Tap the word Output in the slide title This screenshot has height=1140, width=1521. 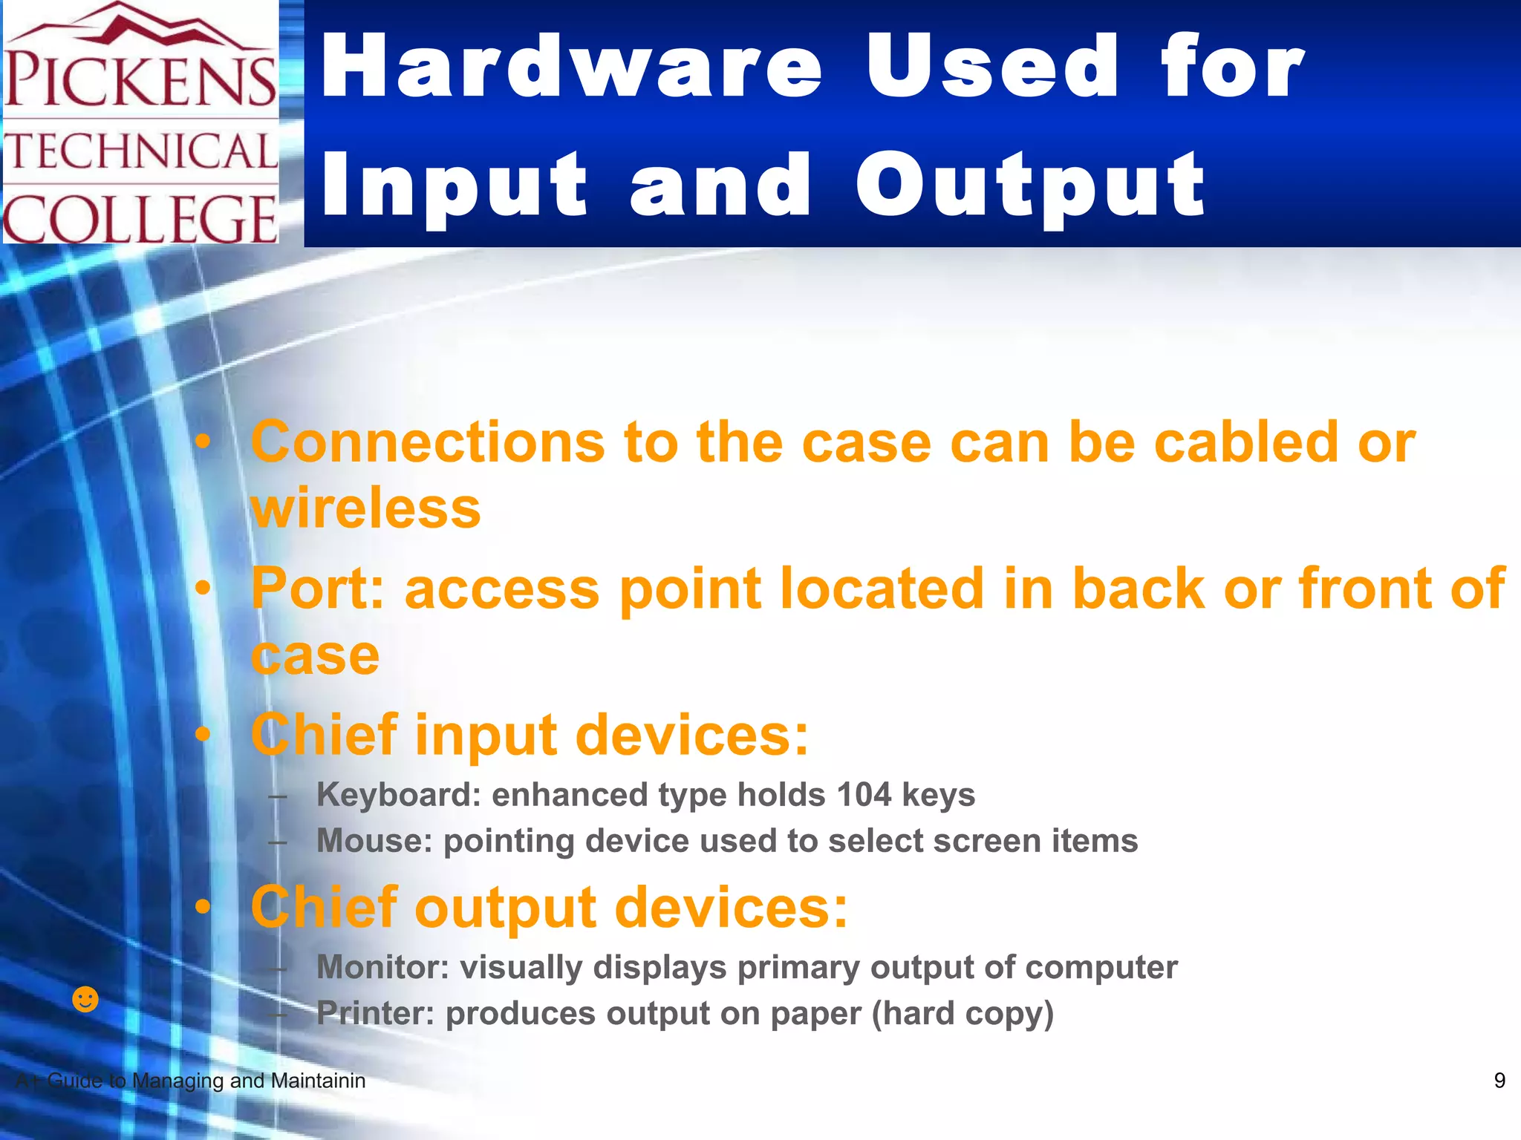[1030, 186]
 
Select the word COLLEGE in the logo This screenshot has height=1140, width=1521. [141, 219]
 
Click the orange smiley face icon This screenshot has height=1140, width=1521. [85, 999]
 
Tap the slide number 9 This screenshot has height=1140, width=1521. [1499, 1081]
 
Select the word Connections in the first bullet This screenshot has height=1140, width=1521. [428, 442]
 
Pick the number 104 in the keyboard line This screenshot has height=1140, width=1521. [864, 795]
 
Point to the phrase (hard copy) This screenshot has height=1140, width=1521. [963, 1014]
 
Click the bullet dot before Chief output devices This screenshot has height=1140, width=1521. [203, 907]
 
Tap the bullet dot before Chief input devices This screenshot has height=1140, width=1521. [203, 735]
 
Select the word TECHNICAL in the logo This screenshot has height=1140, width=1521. [141, 152]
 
